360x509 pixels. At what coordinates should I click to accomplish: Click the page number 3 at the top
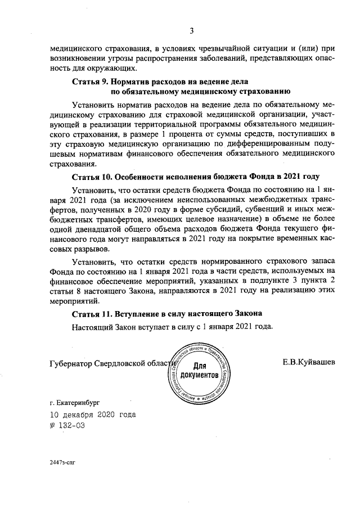click(x=191, y=30)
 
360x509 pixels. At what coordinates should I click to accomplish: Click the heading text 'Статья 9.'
click(x=91, y=82)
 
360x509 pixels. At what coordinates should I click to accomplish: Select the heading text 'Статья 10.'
click(x=93, y=177)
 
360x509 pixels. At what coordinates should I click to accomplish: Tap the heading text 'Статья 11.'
click(x=93, y=313)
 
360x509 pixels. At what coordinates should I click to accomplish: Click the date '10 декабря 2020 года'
click(x=92, y=415)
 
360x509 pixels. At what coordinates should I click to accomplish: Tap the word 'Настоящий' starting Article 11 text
click(x=92, y=327)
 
